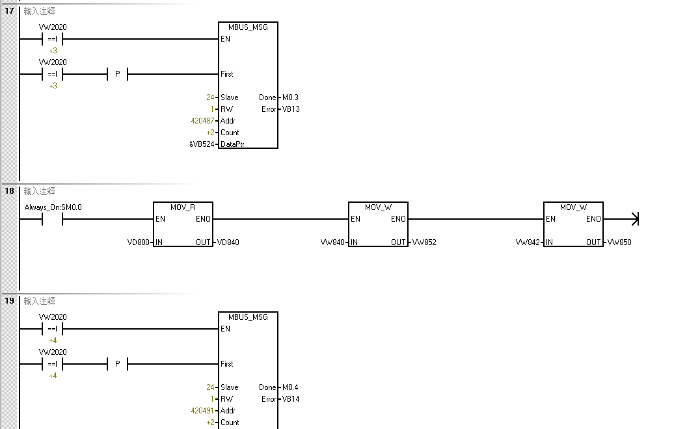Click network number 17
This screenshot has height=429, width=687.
click(x=10, y=11)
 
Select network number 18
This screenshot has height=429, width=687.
click(x=10, y=191)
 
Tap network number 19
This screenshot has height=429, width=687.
click(x=10, y=301)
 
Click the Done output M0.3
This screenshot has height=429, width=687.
click(x=290, y=97)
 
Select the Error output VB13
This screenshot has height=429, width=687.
click(x=290, y=109)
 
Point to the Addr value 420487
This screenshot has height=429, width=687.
click(x=203, y=121)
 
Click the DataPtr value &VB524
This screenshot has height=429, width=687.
click(x=201, y=144)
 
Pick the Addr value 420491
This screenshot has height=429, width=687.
click(x=203, y=411)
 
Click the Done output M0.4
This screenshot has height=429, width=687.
click(x=290, y=387)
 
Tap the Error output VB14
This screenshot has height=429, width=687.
click(x=290, y=399)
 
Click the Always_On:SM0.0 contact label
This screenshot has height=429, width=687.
click(x=53, y=207)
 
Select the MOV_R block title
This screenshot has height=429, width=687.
click(x=183, y=207)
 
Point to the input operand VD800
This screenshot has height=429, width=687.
click(x=139, y=242)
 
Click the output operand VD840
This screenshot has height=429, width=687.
click(x=228, y=242)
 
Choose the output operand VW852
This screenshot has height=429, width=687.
click(x=424, y=242)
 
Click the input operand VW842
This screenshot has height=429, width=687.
click(x=529, y=242)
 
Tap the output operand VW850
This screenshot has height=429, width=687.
click(x=619, y=242)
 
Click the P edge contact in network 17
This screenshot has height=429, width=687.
click(x=118, y=74)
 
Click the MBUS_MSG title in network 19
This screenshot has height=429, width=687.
click(x=248, y=317)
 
